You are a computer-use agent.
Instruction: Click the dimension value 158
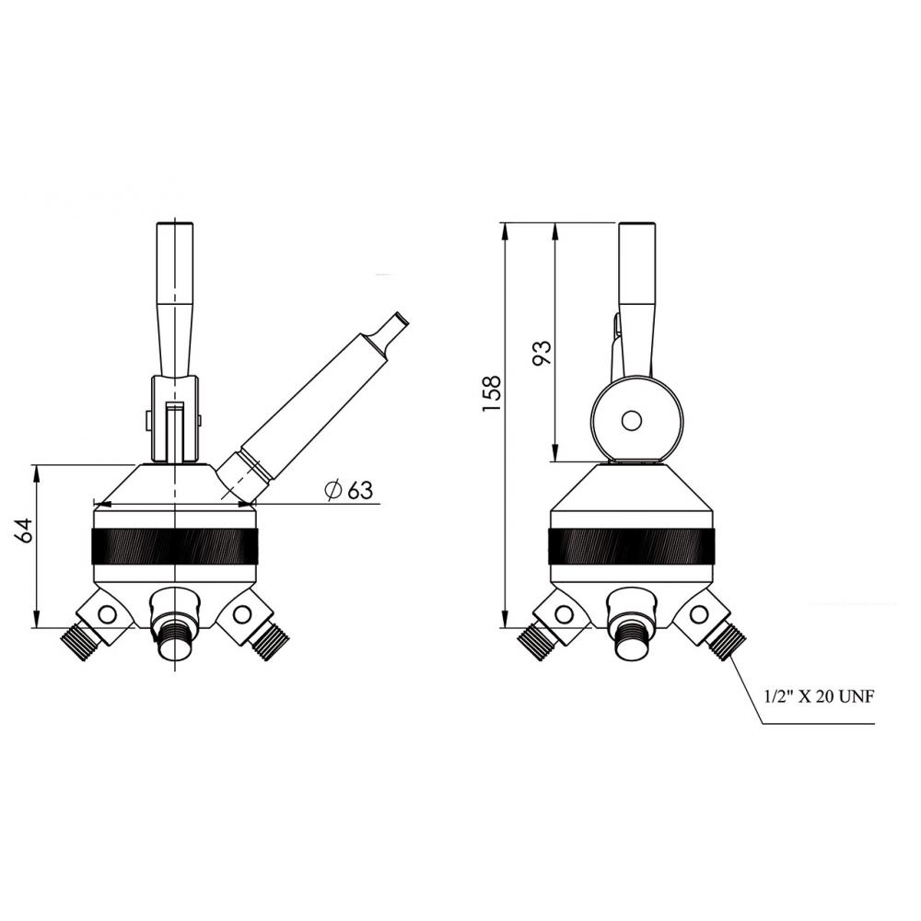click(491, 392)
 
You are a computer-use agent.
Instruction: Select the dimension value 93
click(542, 353)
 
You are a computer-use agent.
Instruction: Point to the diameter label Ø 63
click(349, 490)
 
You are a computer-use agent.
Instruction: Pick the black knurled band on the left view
click(174, 547)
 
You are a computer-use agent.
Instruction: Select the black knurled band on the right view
click(632, 547)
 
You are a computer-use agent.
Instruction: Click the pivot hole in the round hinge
click(632, 421)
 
